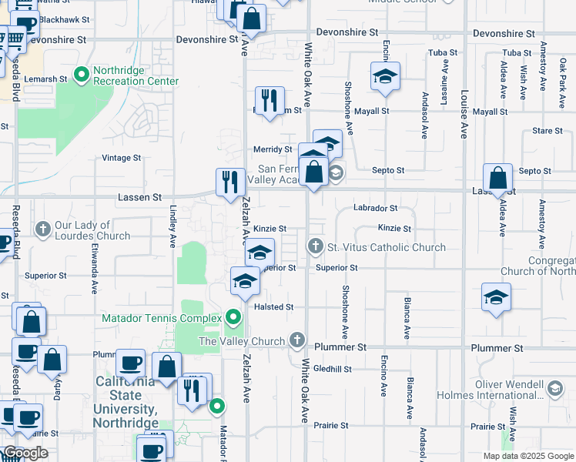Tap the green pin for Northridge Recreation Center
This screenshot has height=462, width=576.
[82, 75]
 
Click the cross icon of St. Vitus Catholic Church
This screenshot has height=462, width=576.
[315, 247]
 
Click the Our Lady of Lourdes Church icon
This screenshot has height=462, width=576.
[42, 229]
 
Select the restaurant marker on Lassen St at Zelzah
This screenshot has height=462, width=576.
[229, 182]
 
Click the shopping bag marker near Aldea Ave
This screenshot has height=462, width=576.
[498, 179]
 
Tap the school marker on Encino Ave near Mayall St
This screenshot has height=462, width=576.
[384, 76]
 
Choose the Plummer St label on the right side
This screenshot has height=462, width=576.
[497, 348]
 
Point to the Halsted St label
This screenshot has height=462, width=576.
[274, 307]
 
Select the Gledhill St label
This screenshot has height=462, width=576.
[332, 369]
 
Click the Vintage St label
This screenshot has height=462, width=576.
[122, 158]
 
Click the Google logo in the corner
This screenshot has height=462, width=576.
[25, 453]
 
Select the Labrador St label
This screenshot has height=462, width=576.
[375, 208]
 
